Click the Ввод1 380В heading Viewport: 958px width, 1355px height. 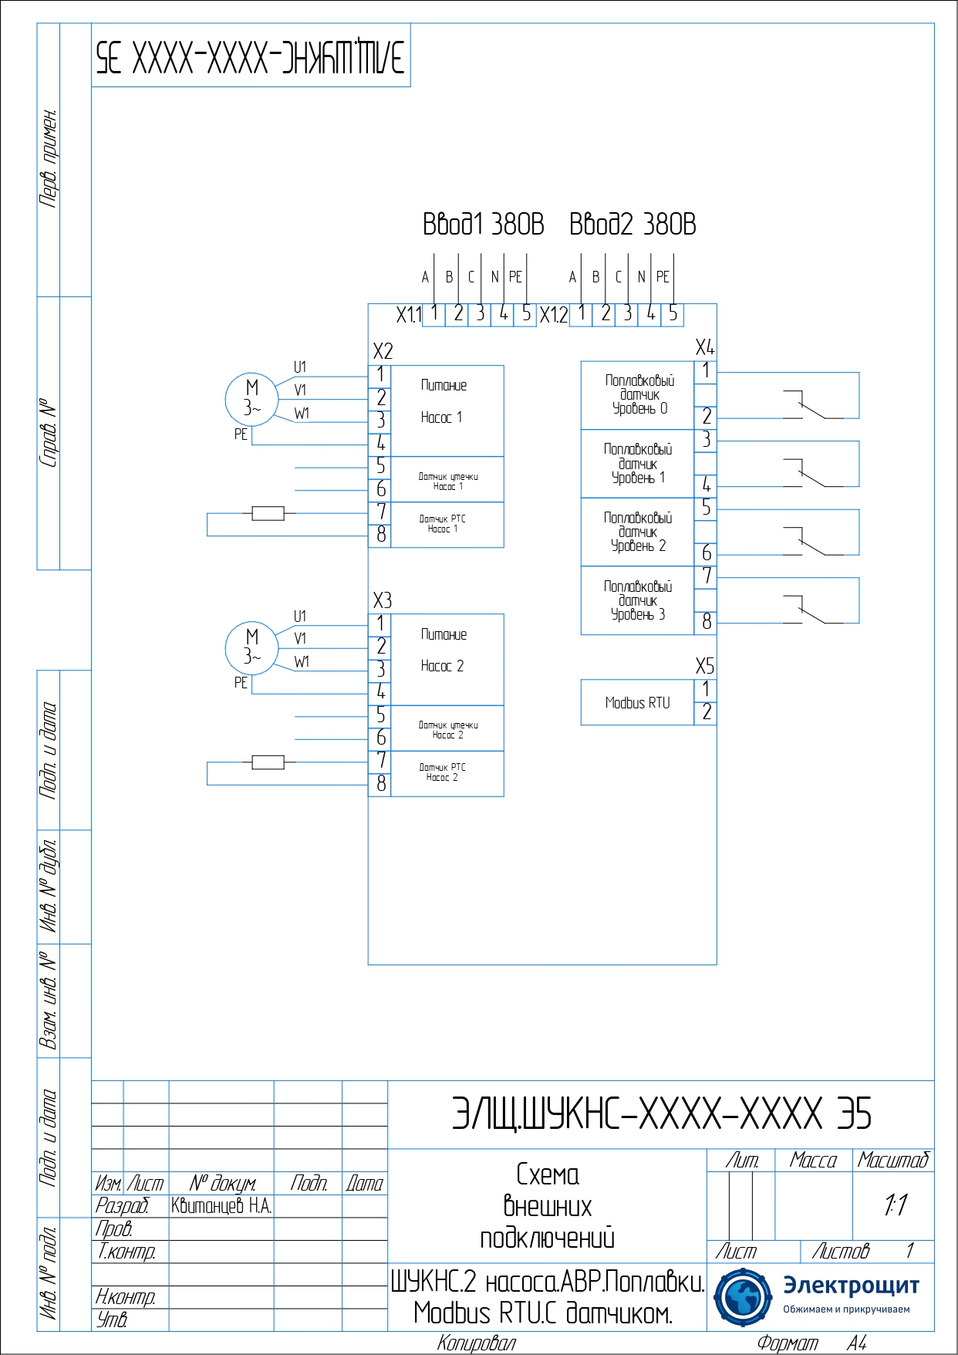pyautogui.click(x=483, y=225)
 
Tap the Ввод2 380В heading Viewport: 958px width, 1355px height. pyautogui.click(x=632, y=225)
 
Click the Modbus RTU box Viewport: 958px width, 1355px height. pyautogui.click(x=637, y=702)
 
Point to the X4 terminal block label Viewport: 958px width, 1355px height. pyautogui.click(x=704, y=347)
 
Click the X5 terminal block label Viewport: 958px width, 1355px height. pyautogui.click(x=704, y=666)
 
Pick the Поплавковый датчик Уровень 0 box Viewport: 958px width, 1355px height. pyautogui.click(x=638, y=395)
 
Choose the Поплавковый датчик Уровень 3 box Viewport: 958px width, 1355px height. pyautogui.click(x=638, y=601)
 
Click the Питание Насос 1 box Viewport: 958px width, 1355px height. pyautogui.click(x=447, y=411)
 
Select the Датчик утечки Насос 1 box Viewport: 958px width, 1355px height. pyautogui.click(x=447, y=481)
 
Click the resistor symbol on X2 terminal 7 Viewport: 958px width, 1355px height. pyautogui.click(x=268, y=513)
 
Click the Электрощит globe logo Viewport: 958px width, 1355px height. pyautogui.click(x=743, y=1296)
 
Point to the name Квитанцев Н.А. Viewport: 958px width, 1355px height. pyautogui.click(x=221, y=1206)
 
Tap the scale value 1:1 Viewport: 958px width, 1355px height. pyautogui.click(x=895, y=1205)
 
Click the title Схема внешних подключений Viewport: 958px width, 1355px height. pyautogui.click(x=547, y=1206)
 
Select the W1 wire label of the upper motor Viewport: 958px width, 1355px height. pyautogui.click(x=302, y=414)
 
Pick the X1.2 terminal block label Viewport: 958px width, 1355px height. pyautogui.click(x=553, y=315)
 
